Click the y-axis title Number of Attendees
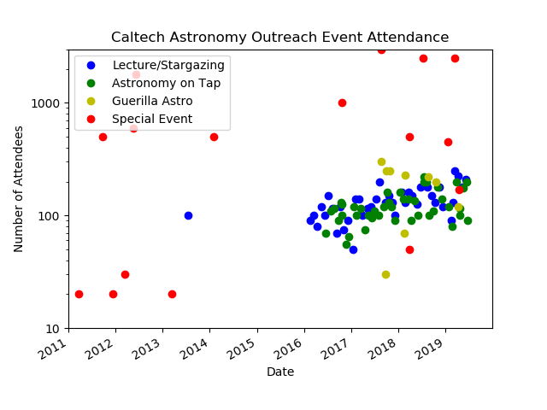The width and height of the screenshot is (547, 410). [19, 189]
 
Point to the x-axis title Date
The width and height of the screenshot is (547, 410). [279, 372]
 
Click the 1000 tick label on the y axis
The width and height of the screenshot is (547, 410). [46, 102]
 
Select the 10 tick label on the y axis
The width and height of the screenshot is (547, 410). [52, 329]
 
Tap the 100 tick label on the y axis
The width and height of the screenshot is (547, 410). [49, 216]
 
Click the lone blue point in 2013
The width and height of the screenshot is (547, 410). [188, 215]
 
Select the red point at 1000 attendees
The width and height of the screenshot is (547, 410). [342, 102]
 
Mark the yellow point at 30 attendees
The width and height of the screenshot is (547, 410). [385, 274]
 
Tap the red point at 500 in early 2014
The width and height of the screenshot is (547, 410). [214, 137]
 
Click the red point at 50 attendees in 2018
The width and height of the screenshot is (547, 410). [409, 249]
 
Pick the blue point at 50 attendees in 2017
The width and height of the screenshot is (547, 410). [353, 249]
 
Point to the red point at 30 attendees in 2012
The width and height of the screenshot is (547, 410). [125, 274]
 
